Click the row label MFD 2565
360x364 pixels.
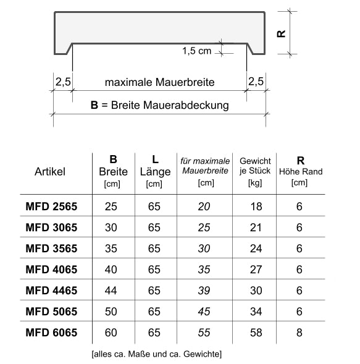[51, 206]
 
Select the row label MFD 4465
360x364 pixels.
[51, 290]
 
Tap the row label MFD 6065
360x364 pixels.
[51, 332]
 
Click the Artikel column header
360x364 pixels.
[49, 171]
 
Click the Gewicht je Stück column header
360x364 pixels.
[255, 171]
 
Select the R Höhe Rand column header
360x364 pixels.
[299, 171]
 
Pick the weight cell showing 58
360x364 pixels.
[255, 332]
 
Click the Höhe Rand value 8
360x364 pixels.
[299, 332]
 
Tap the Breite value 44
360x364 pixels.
[112, 290]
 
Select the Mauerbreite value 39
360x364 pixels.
[204, 290]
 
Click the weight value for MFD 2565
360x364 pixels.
[255, 206]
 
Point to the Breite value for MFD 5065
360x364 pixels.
[112, 311]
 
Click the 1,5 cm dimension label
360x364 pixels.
[196, 51]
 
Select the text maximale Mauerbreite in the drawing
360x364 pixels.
[159, 82]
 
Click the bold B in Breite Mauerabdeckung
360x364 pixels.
[94, 105]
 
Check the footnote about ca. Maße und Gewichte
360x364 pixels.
[156, 354]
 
